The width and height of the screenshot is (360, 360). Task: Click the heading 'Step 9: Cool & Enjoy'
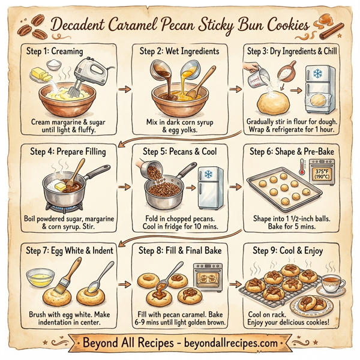(x=290, y=250)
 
